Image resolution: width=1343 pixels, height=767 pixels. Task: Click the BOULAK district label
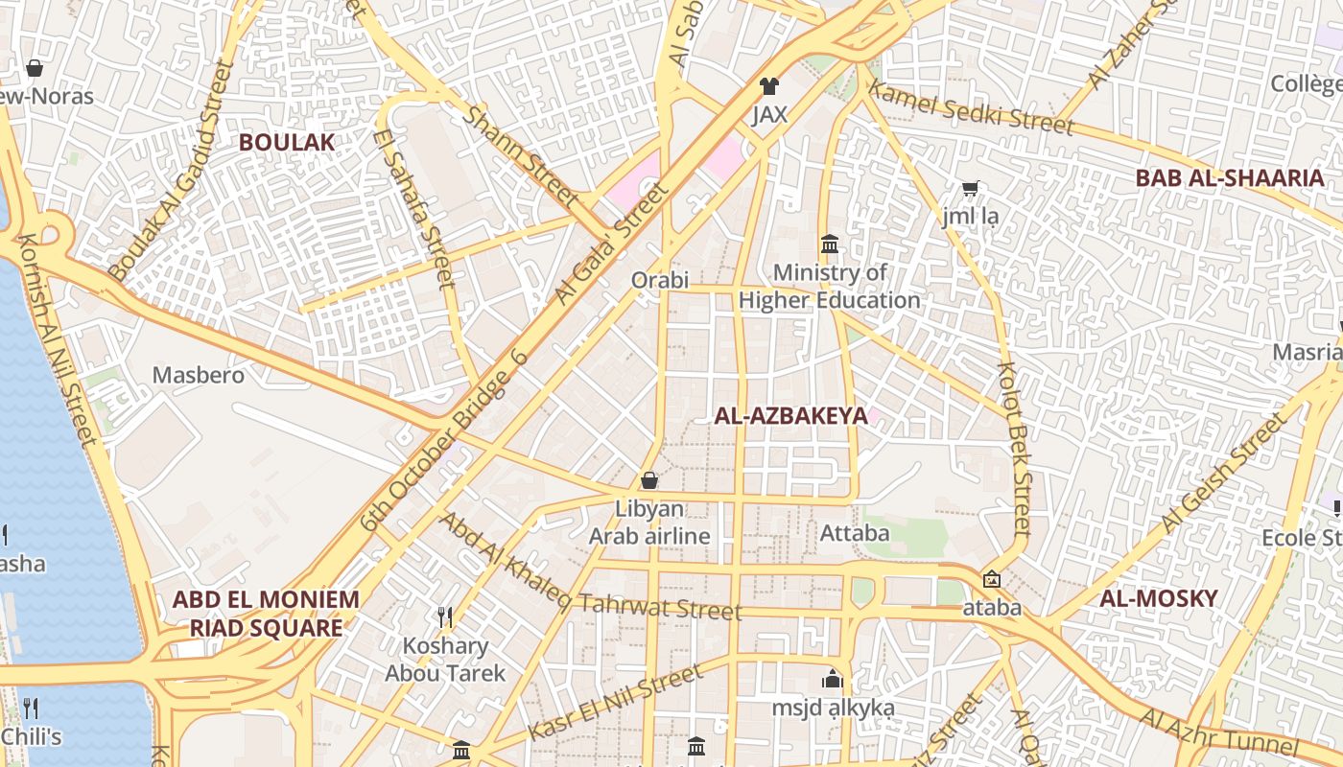pos(287,143)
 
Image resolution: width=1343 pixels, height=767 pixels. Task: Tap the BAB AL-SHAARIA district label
pos(1229,177)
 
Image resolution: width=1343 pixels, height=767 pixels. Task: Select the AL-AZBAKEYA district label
pos(790,415)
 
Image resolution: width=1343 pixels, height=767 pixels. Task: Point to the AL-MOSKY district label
pos(1158,598)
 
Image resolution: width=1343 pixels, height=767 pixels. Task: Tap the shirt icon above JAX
pos(768,86)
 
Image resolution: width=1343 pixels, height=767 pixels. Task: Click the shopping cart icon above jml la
pos(970,189)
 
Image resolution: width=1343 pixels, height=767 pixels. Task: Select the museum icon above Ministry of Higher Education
pos(830,244)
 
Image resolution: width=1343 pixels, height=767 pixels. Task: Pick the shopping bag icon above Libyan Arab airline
pos(649,480)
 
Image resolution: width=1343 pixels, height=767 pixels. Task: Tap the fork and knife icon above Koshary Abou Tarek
pos(444,616)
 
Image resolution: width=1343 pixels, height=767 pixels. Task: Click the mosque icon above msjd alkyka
pos(832,680)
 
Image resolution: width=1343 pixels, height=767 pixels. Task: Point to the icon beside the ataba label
pos(991,580)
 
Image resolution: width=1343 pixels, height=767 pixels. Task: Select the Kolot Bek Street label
pos(1013,448)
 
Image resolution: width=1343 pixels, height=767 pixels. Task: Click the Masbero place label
pos(199,375)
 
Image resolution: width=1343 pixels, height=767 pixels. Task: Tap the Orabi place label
pos(660,280)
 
